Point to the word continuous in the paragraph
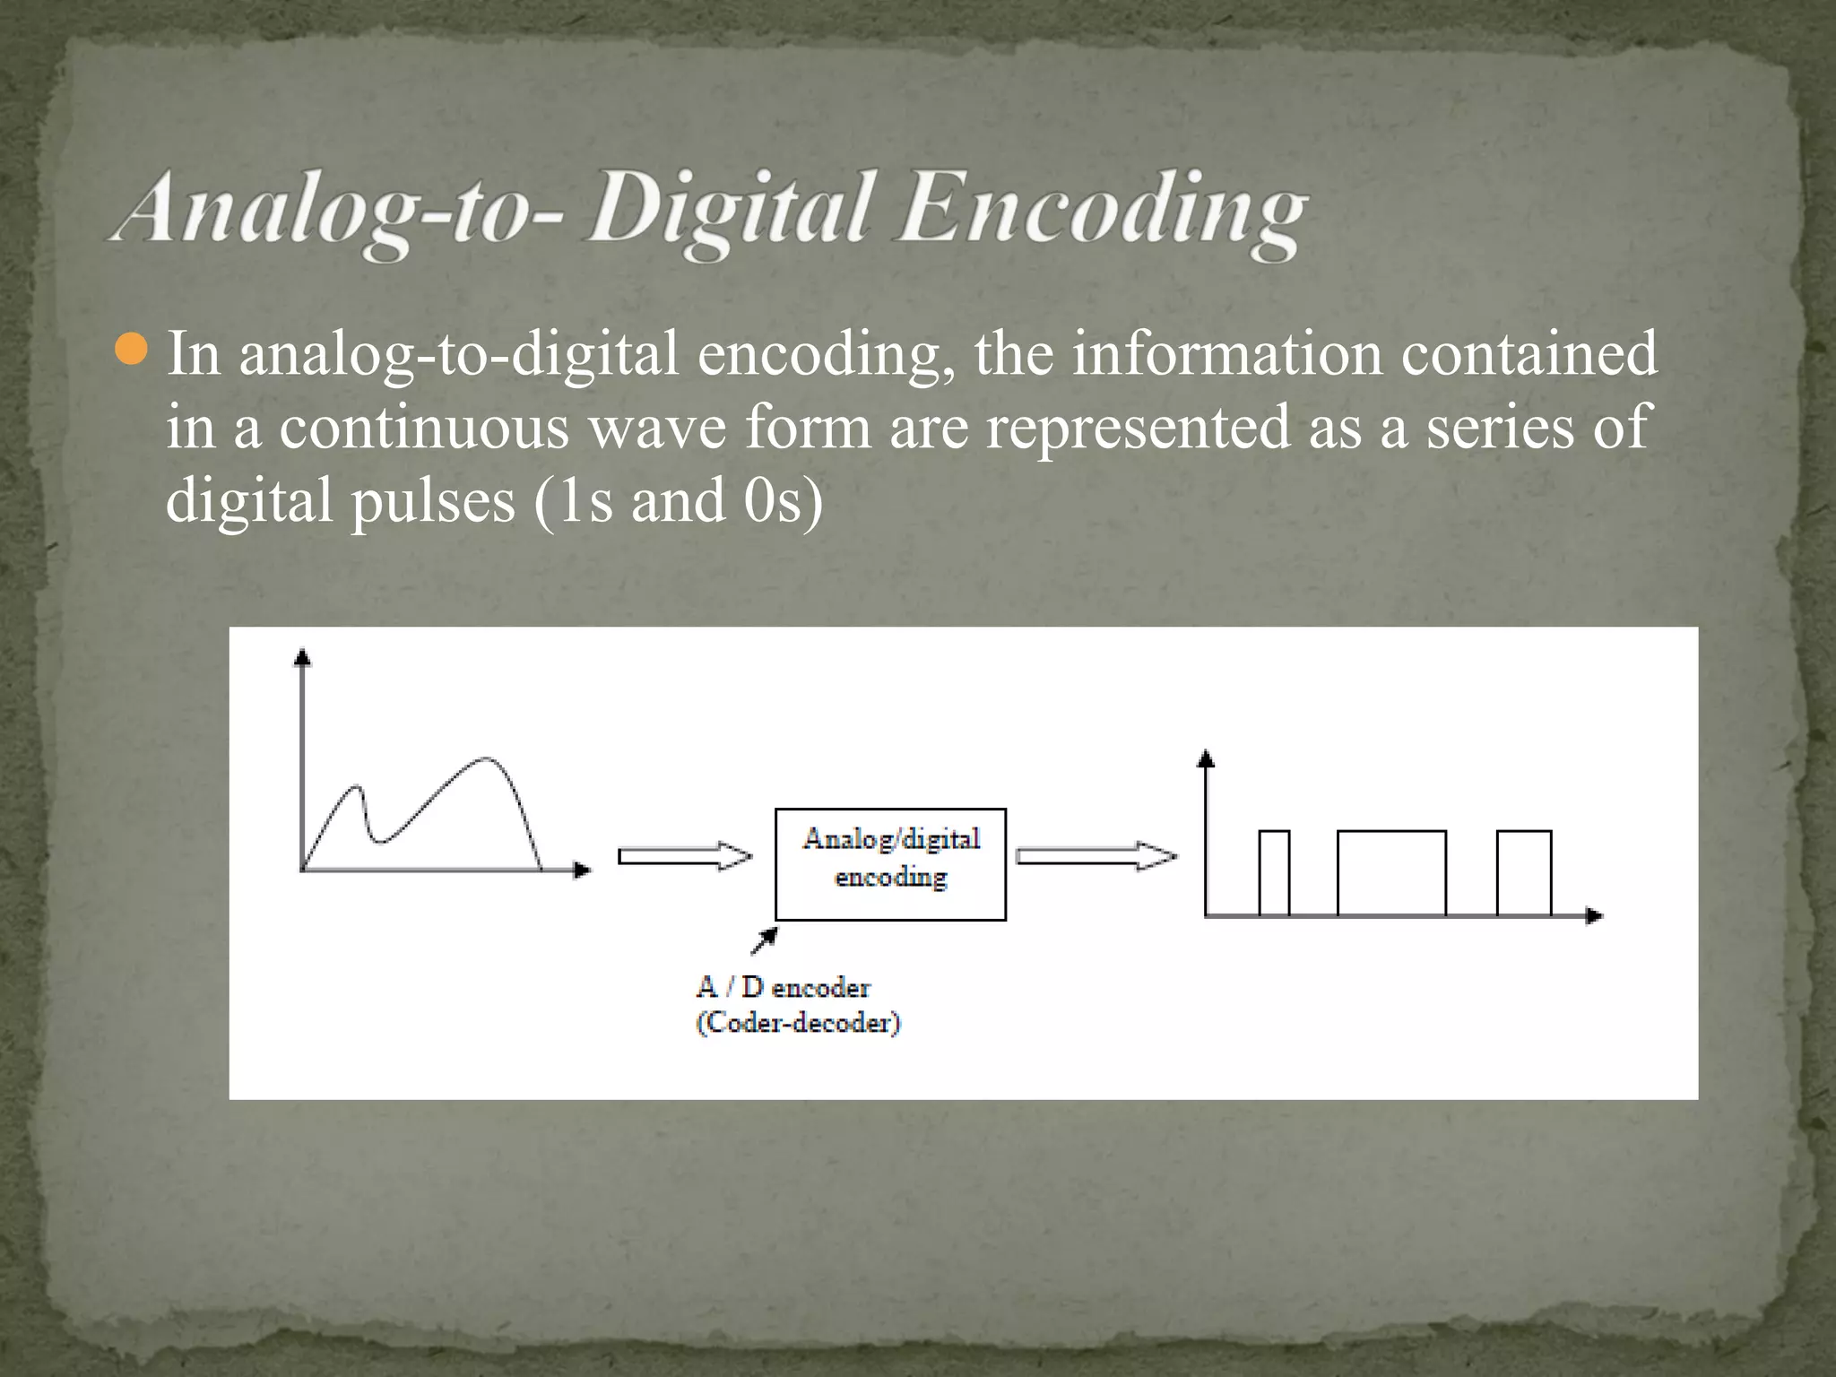coord(424,427)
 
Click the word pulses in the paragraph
coord(433,500)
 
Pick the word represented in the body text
coord(1139,427)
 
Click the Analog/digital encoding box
coord(890,863)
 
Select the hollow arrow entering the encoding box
coord(685,856)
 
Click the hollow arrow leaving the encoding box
coord(1096,856)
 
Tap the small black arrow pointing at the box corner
coord(765,940)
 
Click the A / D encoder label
coord(783,987)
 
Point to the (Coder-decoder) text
coord(798,1023)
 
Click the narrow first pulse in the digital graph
coord(1274,872)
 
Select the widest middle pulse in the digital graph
coord(1391,872)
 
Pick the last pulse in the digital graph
coord(1524,872)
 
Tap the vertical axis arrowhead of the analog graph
coord(303,658)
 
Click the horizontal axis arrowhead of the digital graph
coord(1594,915)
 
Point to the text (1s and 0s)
coord(678,500)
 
